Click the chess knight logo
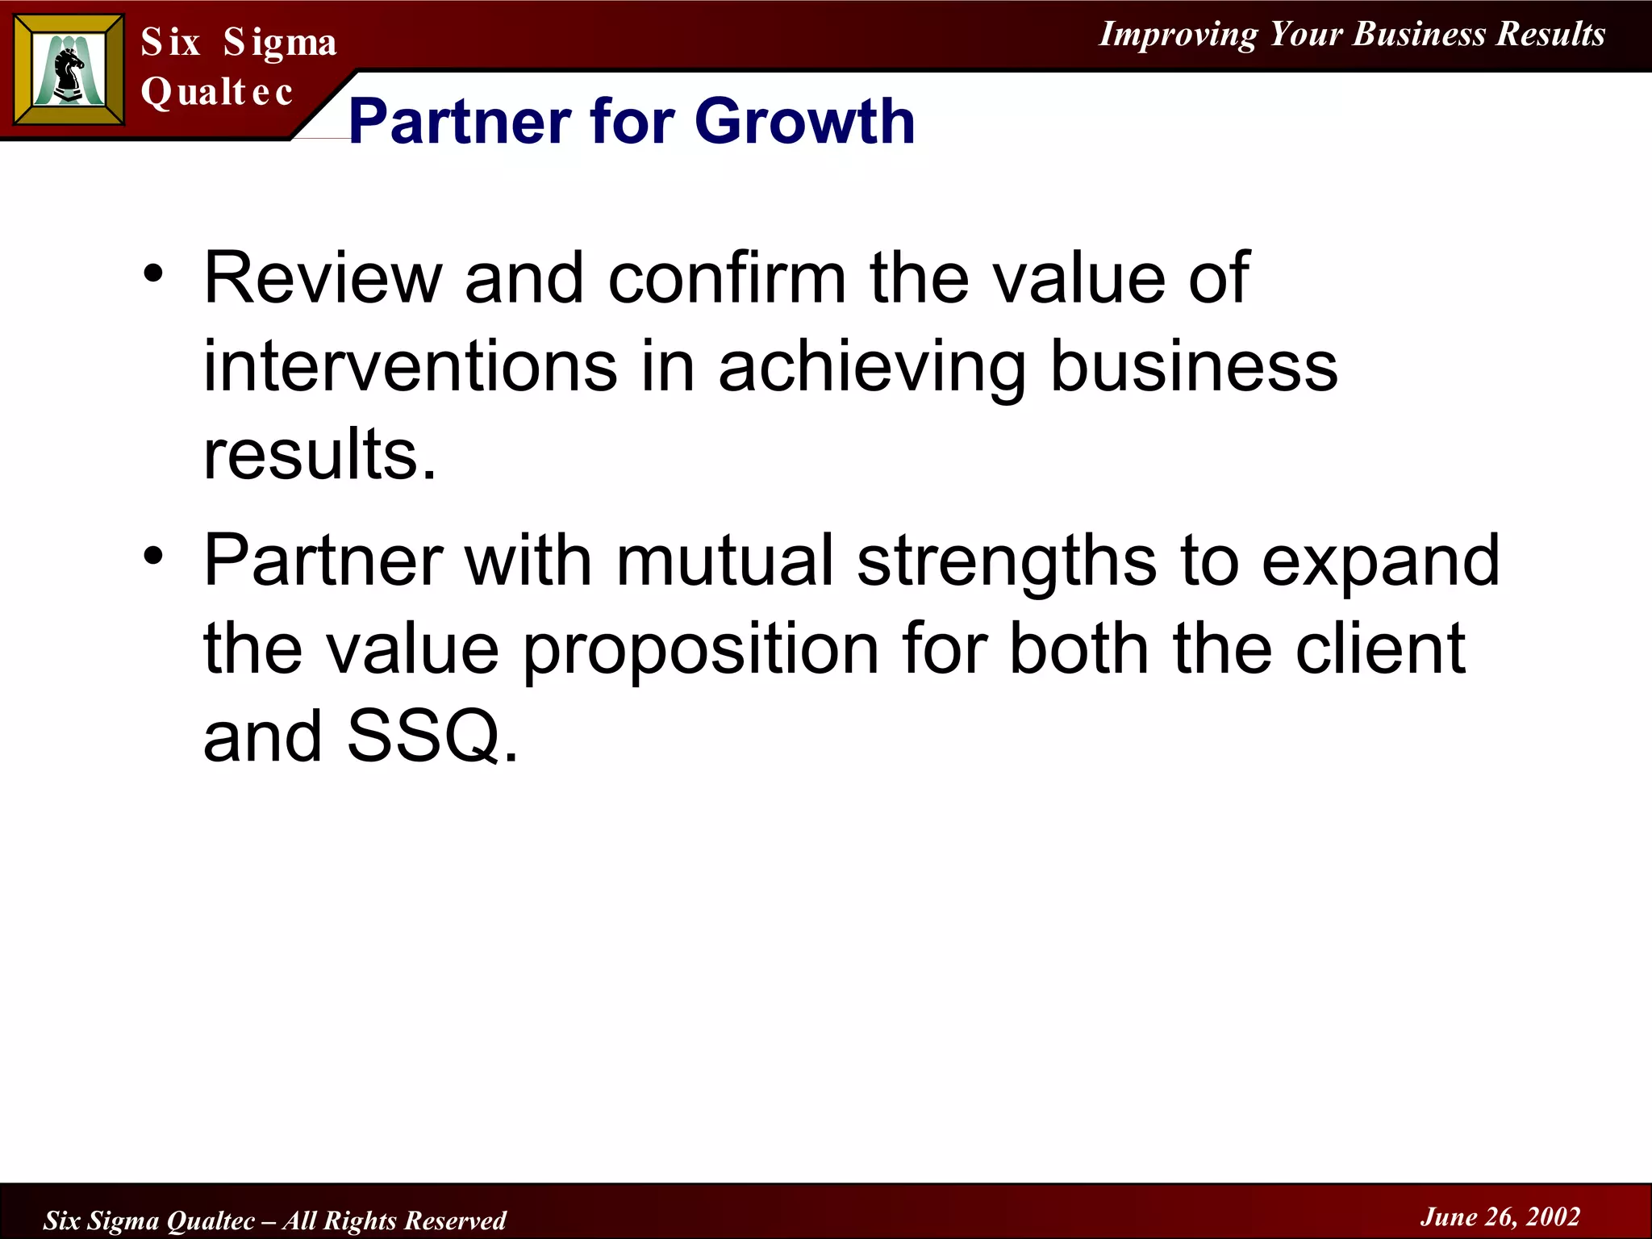(x=69, y=70)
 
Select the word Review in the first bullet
(x=323, y=278)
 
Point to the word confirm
(x=727, y=278)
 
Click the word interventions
(x=410, y=367)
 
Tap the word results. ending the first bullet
(x=319, y=454)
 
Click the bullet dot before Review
(x=153, y=274)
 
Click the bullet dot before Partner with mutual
(x=153, y=556)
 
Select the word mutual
(x=724, y=561)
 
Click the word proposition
(x=701, y=650)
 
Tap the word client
(x=1380, y=649)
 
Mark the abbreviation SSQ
(x=424, y=736)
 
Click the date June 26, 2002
(x=1500, y=1216)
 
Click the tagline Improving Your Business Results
(x=1352, y=35)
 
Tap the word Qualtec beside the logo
(x=216, y=92)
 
